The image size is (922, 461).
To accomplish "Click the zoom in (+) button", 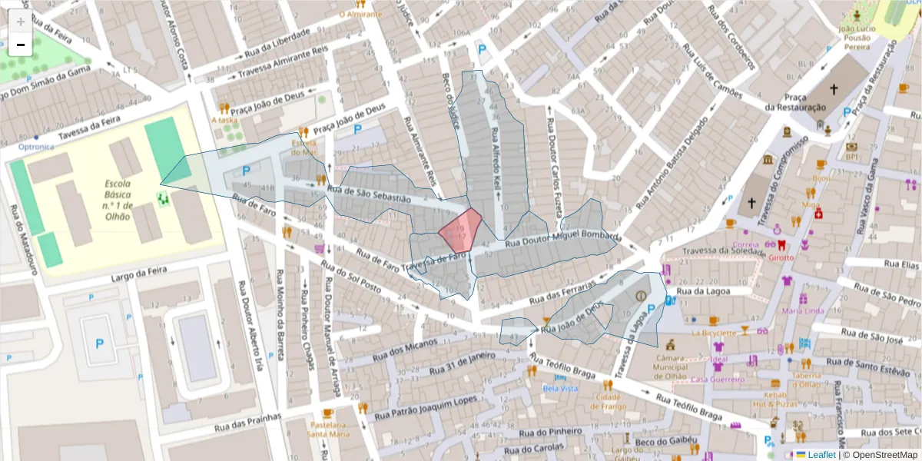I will (x=21, y=21).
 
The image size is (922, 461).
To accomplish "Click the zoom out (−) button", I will (x=21, y=45).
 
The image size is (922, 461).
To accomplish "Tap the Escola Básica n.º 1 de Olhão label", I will (x=118, y=200).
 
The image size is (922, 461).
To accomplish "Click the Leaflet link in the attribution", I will (x=821, y=455).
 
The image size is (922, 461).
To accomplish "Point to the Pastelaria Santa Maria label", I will (x=328, y=429).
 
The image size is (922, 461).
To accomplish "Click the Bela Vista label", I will (x=560, y=389).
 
